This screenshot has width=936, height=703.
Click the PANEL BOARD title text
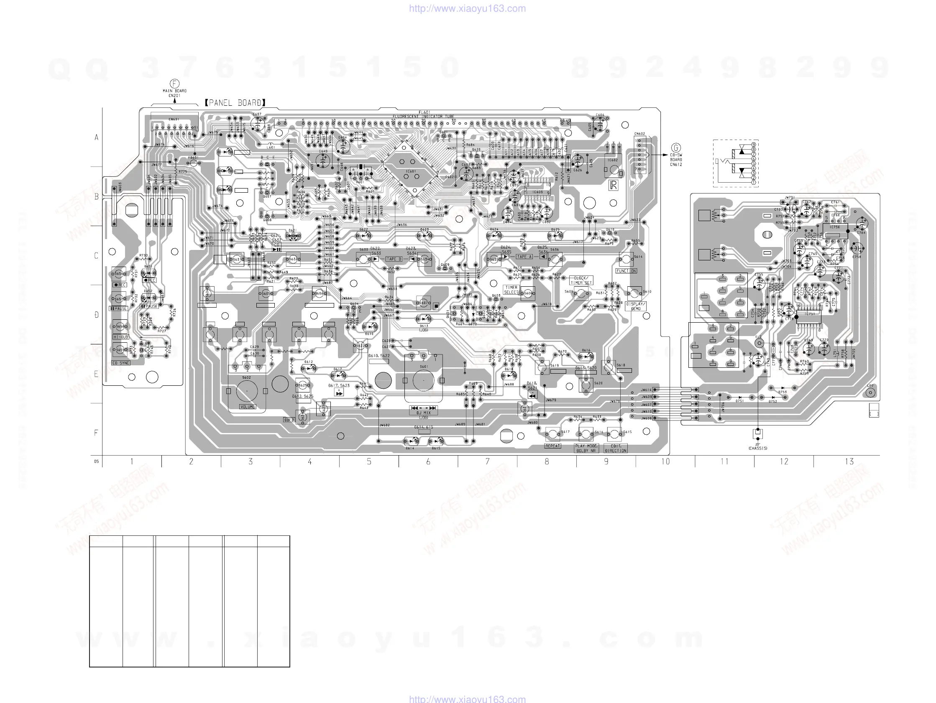coord(235,103)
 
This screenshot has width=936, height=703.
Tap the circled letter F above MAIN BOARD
coord(174,84)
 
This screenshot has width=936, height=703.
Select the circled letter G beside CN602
coord(676,148)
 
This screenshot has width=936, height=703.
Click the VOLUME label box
coord(248,407)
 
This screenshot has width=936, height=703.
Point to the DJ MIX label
coord(424,413)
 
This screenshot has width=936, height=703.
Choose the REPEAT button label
coord(552,446)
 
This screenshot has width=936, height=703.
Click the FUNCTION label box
coord(626,271)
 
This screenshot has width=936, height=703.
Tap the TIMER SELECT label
coord(511,290)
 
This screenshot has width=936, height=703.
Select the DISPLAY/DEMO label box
coord(636,306)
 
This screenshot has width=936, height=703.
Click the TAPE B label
coord(394,259)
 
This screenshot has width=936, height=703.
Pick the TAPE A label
coord(524,257)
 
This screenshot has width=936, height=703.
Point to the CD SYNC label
coord(121,363)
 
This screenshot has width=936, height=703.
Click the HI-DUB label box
coord(120,337)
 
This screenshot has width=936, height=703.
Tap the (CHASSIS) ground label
coord(757,448)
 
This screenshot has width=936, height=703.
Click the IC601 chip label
coord(411,172)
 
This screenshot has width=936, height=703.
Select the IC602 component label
coord(612,160)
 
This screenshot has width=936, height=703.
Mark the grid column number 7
coord(488,461)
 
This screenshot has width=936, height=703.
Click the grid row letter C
coord(97,256)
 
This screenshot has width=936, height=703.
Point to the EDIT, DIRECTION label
coord(616,448)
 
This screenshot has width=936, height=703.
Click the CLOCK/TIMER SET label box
coord(581,280)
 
